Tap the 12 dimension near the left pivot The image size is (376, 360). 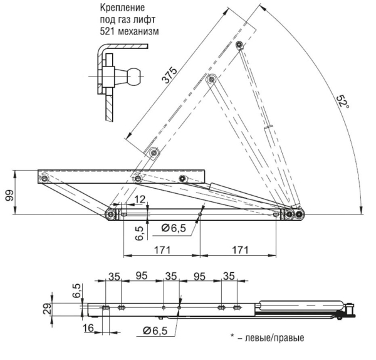138,199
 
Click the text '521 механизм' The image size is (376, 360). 130,31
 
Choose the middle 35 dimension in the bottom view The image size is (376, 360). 170,275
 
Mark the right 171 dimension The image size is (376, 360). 239,250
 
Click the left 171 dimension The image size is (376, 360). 162,250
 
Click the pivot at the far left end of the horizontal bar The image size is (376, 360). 44,179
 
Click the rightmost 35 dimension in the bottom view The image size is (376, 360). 229,275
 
